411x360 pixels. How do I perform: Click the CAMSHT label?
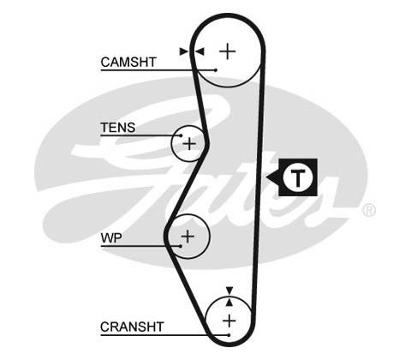[128, 62]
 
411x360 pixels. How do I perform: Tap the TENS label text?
[118, 128]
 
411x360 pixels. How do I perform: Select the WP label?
[111, 238]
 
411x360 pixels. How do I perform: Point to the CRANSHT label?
[132, 327]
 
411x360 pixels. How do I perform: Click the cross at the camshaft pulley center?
[228, 51]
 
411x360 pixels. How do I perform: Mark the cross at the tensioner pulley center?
[189, 143]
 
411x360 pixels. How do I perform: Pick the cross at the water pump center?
[188, 237]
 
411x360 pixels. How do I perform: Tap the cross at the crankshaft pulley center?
[229, 321]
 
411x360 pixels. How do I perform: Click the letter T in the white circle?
[298, 177]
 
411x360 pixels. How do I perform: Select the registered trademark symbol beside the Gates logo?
[369, 210]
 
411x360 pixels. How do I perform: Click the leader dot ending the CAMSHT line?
[216, 70]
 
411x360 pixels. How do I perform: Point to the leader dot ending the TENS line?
[181, 135]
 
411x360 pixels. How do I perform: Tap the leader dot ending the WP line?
[181, 246]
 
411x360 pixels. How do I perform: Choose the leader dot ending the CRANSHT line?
[229, 335]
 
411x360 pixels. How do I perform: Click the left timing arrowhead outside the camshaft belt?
[184, 51]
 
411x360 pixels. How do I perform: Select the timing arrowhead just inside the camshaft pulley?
[200, 51]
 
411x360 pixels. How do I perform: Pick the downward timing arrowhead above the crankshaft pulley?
[229, 291]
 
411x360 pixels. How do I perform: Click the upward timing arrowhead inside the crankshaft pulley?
[229, 303]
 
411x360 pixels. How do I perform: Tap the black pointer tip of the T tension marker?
[266, 177]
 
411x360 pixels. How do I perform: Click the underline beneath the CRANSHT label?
[164, 335]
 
